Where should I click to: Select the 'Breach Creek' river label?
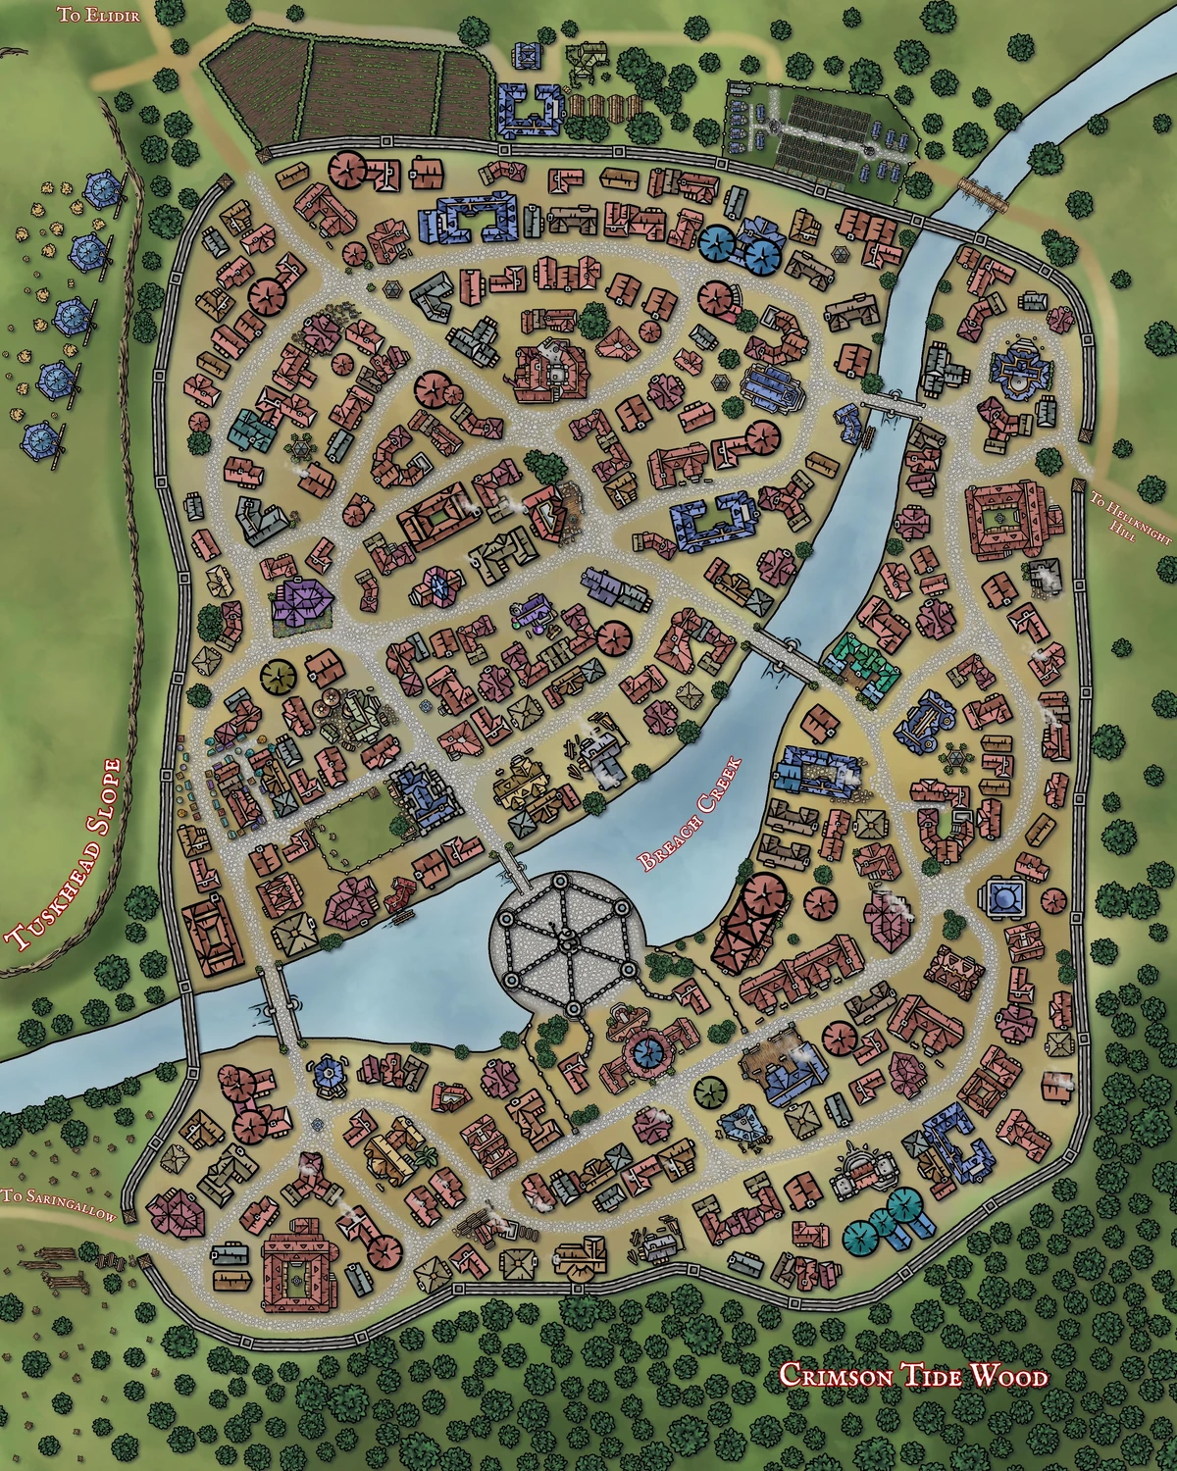(x=689, y=814)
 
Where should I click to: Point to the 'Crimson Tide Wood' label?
(x=912, y=1376)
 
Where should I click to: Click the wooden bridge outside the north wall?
(x=983, y=192)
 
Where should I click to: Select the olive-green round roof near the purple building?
(x=278, y=675)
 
